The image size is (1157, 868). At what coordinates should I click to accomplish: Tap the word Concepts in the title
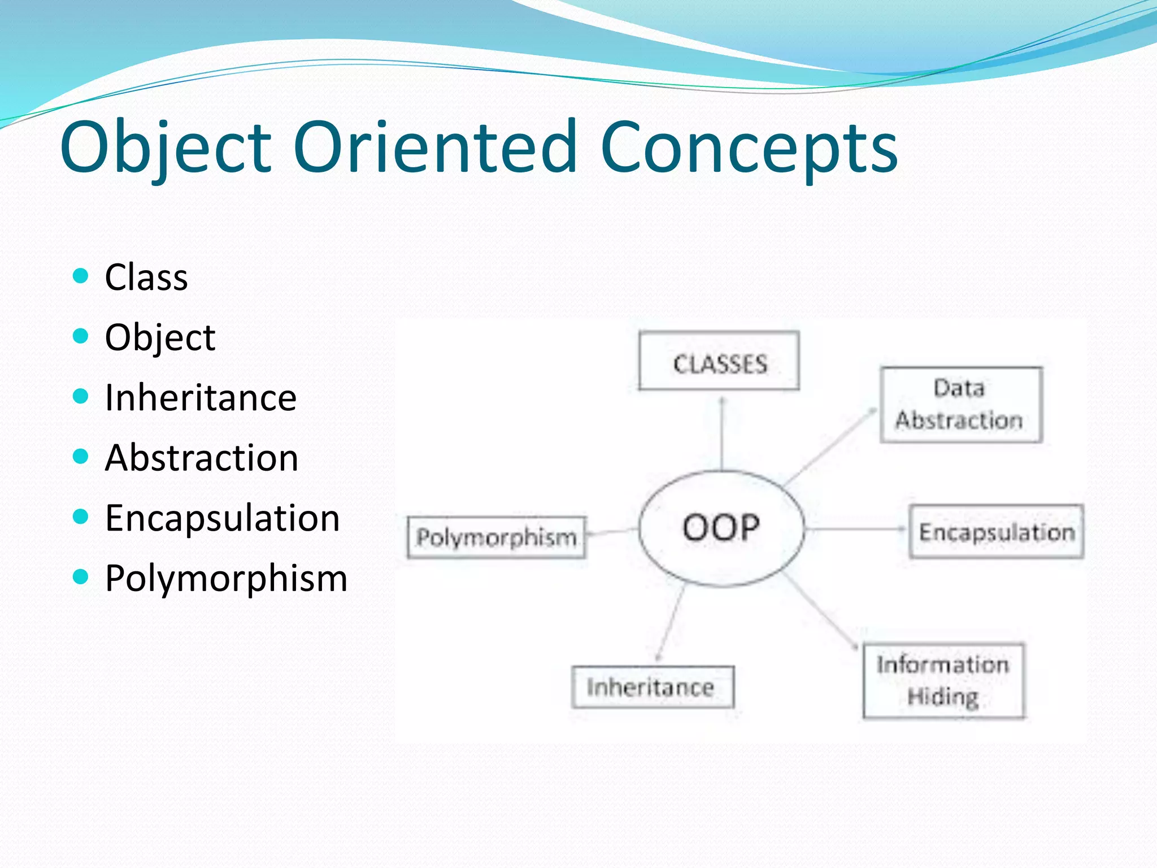click(x=749, y=148)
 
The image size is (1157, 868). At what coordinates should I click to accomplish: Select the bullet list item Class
click(x=146, y=277)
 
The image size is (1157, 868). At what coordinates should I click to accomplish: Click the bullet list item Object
click(x=160, y=338)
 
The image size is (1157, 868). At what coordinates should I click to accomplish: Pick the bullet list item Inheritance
click(x=201, y=397)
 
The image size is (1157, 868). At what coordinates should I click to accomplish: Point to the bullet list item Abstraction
click(x=202, y=458)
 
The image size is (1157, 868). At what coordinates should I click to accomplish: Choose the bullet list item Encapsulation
click(x=223, y=518)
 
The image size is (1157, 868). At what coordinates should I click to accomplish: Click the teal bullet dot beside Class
click(x=81, y=276)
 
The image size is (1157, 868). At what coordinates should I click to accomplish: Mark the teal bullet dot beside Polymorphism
click(x=81, y=577)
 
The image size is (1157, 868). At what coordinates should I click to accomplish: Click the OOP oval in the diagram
click(x=721, y=528)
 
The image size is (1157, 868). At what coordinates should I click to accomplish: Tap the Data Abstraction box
click(x=960, y=405)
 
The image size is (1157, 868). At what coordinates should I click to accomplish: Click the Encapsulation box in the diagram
click(x=996, y=532)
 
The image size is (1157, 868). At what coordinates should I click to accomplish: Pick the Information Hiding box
click(x=943, y=680)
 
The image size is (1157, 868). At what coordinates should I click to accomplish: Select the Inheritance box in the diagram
click(x=653, y=687)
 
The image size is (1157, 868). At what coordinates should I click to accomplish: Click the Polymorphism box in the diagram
click(x=496, y=537)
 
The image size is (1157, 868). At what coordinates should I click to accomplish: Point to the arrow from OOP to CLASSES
click(x=722, y=432)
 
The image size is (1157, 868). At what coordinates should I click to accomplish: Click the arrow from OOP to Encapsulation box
click(x=856, y=529)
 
